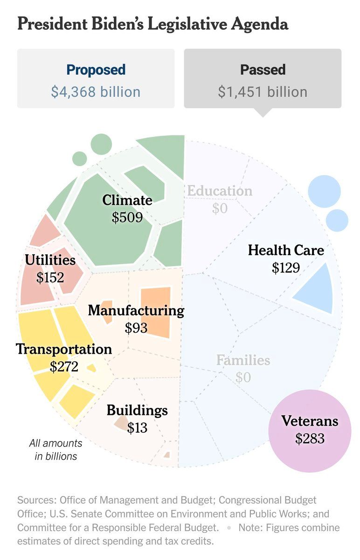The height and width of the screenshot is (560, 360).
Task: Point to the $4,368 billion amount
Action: [x=96, y=91]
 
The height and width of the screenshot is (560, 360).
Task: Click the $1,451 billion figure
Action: [x=263, y=91]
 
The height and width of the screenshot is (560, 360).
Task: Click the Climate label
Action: [x=127, y=200]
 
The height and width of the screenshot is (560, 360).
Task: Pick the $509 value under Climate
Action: [x=127, y=217]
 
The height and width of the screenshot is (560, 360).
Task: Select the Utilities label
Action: [x=50, y=260]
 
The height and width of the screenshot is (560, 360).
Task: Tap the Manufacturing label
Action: [x=136, y=310]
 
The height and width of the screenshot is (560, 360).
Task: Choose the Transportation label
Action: [x=64, y=349]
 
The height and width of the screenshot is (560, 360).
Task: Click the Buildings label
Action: [x=137, y=411]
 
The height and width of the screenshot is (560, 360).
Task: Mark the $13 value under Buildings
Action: [x=137, y=427]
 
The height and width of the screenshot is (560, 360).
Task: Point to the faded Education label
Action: [x=220, y=191]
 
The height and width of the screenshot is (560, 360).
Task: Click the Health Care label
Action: [x=285, y=250]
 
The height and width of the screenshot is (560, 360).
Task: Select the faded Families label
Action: [x=243, y=360]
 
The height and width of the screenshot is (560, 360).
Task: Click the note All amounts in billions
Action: [x=56, y=449]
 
